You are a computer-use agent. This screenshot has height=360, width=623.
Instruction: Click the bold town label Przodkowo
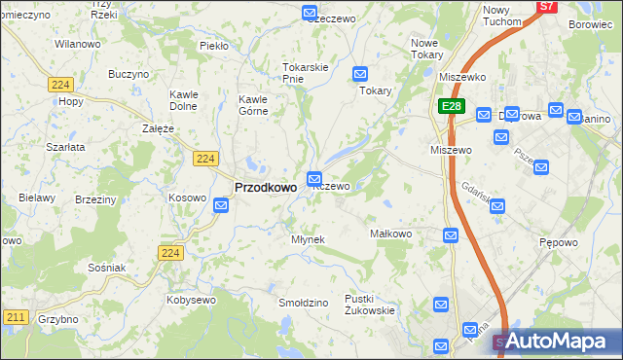[266, 188]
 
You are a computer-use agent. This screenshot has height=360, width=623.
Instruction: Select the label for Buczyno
[128, 74]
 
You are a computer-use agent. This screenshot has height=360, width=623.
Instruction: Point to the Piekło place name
[212, 45]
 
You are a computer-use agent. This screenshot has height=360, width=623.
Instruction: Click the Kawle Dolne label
[184, 100]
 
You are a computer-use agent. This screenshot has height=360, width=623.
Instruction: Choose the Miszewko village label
[462, 77]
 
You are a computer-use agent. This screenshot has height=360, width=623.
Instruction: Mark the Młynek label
[308, 239]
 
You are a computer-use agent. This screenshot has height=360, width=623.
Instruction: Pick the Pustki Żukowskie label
[370, 305]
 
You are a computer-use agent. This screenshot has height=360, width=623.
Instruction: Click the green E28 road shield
[451, 107]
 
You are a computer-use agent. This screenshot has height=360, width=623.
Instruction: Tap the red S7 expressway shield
[548, 6]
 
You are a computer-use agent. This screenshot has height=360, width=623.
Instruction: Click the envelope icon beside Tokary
[359, 73]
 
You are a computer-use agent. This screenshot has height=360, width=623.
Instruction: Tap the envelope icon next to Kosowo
[222, 204]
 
